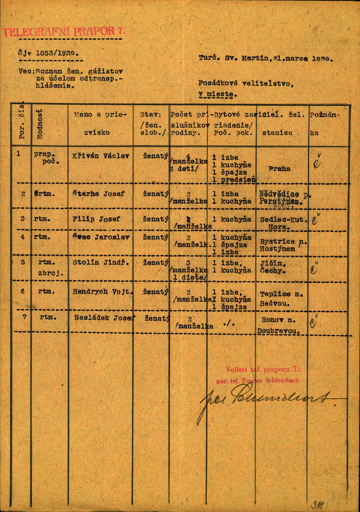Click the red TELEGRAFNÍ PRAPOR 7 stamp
click(x=62, y=32)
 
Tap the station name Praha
click(x=279, y=169)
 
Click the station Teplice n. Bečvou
click(x=281, y=298)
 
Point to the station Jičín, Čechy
click(x=273, y=267)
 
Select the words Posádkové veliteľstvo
click(x=246, y=83)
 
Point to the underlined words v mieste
click(x=218, y=95)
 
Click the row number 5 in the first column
click(x=23, y=262)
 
